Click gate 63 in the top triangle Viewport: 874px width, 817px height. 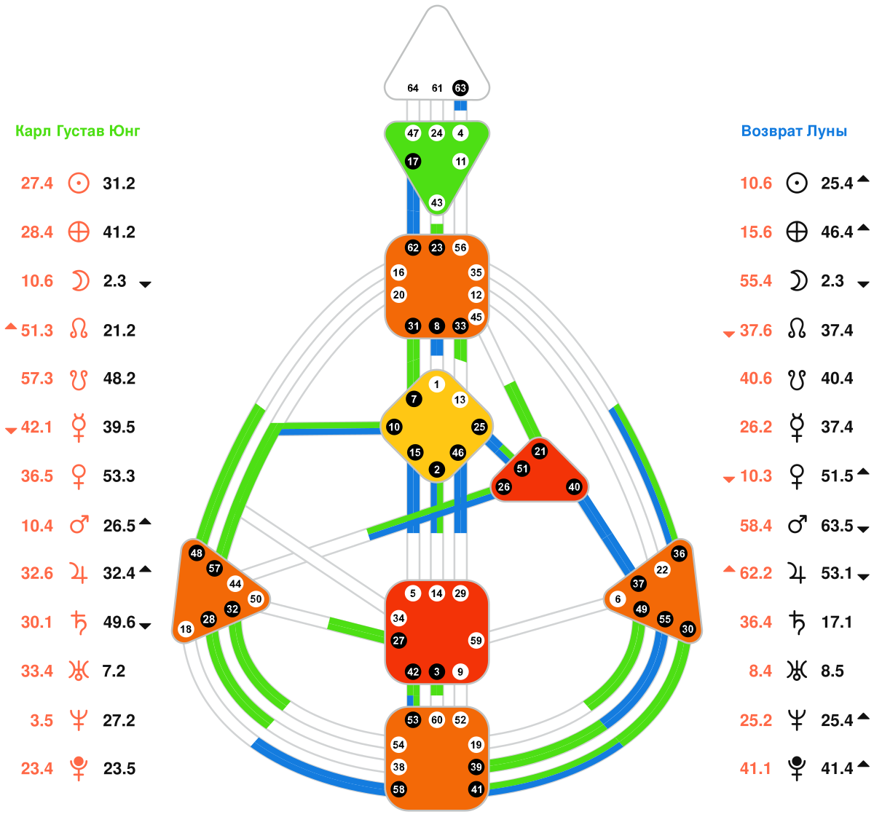(460, 88)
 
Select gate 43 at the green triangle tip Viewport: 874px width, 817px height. (437, 202)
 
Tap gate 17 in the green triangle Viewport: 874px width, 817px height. (413, 161)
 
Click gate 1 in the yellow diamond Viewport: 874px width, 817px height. (436, 384)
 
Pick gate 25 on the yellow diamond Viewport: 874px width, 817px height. (479, 427)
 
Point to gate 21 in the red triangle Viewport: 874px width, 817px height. (540, 451)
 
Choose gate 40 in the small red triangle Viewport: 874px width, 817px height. (575, 487)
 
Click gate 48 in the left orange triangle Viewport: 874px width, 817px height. (196, 553)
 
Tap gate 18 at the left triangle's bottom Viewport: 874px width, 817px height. (186, 629)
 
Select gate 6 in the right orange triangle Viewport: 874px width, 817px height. (618, 599)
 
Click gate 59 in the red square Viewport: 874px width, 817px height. (476, 641)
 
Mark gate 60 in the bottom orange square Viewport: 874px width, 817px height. (437, 720)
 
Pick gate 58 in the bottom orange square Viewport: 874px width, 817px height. (398, 789)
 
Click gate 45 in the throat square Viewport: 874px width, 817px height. (476, 317)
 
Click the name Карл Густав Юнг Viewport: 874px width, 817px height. (78, 131)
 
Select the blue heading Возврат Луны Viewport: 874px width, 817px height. (794, 131)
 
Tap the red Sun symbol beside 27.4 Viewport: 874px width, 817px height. (79, 183)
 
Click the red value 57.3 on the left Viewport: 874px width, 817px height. (37, 379)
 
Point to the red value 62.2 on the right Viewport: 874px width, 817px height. (756, 573)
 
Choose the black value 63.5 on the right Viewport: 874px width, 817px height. (837, 525)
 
